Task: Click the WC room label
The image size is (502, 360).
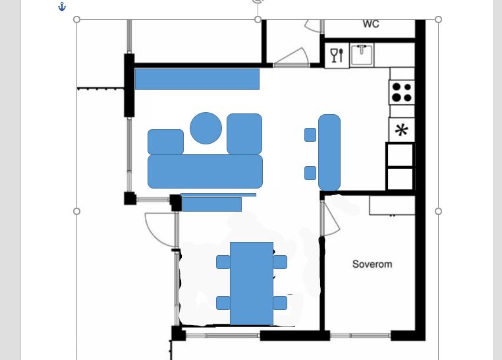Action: pyautogui.click(x=371, y=24)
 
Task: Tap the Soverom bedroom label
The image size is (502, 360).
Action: pyautogui.click(x=372, y=264)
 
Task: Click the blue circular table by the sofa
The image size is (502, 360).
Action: pyautogui.click(x=206, y=128)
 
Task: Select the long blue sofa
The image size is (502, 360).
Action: pyautogui.click(x=206, y=171)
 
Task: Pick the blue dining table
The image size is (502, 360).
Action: pyautogui.click(x=252, y=284)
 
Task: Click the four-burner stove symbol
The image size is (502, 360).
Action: pyautogui.click(x=402, y=92)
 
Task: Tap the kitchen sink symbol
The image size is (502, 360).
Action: pyautogui.click(x=362, y=55)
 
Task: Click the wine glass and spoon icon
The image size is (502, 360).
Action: pyautogui.click(x=337, y=55)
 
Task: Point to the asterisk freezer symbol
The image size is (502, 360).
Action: pyautogui.click(x=402, y=130)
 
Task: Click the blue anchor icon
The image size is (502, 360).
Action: pyautogui.click(x=62, y=7)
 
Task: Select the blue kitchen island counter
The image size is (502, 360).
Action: pyautogui.click(x=329, y=152)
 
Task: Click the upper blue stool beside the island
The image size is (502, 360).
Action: pyautogui.click(x=310, y=135)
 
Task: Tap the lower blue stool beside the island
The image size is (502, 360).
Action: pyautogui.click(x=310, y=173)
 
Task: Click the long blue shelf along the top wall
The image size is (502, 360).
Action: pyautogui.click(x=197, y=78)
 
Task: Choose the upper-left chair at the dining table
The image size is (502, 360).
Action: pyautogui.click(x=223, y=262)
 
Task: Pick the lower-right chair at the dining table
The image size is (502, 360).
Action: pyautogui.click(x=280, y=303)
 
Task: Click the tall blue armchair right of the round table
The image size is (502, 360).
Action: pyautogui.click(x=244, y=134)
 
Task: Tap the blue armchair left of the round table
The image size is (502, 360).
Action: pyautogui.click(x=165, y=142)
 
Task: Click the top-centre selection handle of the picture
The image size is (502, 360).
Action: pyautogui.click(x=258, y=20)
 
